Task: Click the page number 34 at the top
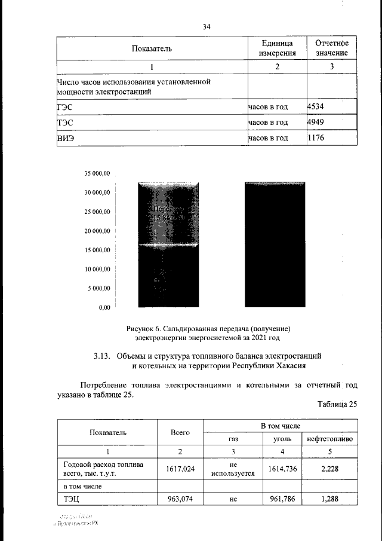click(x=207, y=26)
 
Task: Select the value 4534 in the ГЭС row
click(x=315, y=106)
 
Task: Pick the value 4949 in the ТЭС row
click(x=315, y=123)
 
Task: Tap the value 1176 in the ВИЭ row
click(x=315, y=138)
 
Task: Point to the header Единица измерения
click(x=277, y=48)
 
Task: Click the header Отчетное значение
click(x=332, y=48)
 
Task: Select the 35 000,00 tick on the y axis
click(x=97, y=173)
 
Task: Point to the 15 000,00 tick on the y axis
click(x=97, y=250)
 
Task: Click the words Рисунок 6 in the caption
click(x=144, y=328)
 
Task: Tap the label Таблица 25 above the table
click(x=337, y=404)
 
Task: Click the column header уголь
click(x=282, y=439)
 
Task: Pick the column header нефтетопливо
click(x=329, y=439)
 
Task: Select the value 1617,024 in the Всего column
click(x=180, y=469)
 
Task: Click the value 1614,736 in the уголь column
click(x=282, y=469)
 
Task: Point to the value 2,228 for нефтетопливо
click(x=329, y=469)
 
